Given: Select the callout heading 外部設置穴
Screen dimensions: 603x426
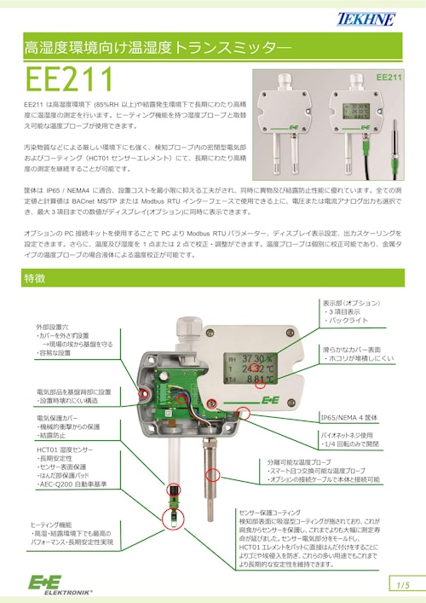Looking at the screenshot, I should click(54, 327).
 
